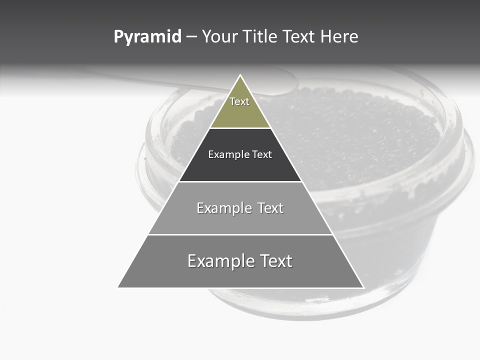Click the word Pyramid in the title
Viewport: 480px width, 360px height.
pyautogui.click(x=147, y=37)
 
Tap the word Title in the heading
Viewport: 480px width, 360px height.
pyautogui.click(x=261, y=37)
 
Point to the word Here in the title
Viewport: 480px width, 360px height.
pyautogui.click(x=339, y=37)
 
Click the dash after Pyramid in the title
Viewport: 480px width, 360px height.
pyautogui.click(x=191, y=37)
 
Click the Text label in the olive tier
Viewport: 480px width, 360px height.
pyautogui.click(x=239, y=101)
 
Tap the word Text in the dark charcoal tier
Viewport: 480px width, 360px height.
pyautogui.click(x=262, y=154)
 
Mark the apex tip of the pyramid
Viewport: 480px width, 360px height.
pyautogui.click(x=240, y=75)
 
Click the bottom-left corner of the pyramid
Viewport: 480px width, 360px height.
pyautogui.click(x=118, y=287)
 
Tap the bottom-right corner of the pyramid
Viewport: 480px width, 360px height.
pyautogui.click(x=363, y=287)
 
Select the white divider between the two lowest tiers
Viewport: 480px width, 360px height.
pyautogui.click(x=240, y=234)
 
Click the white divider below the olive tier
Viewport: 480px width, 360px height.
pyautogui.click(x=240, y=128)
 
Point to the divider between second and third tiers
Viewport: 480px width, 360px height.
pyautogui.click(x=240, y=181)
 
